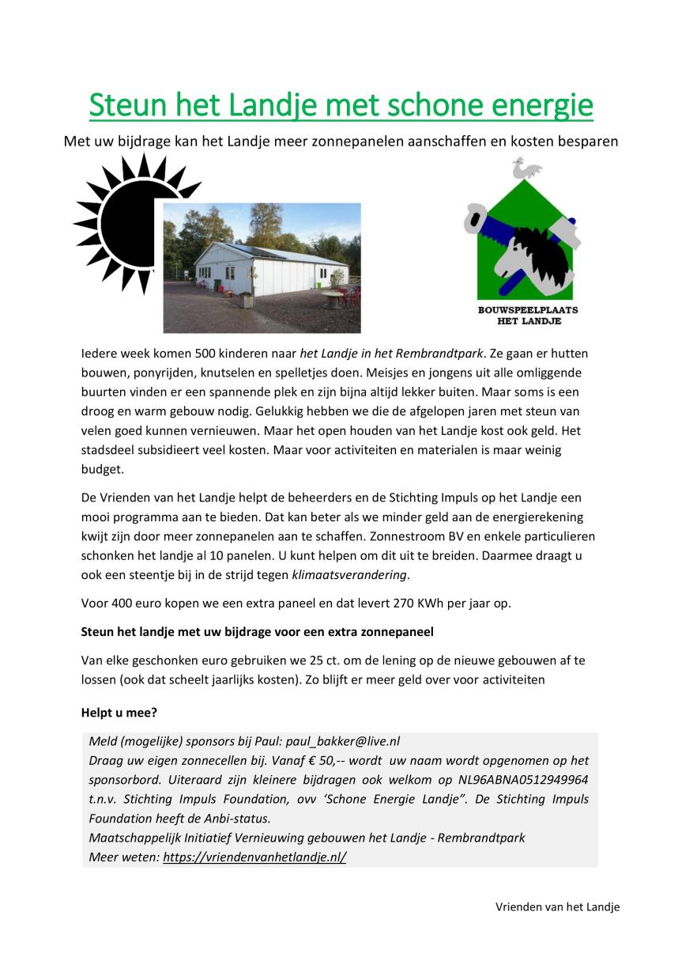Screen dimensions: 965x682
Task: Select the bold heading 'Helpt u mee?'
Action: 119,713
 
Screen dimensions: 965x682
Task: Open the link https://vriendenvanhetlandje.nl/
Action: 254,857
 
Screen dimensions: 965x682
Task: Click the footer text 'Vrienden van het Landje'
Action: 558,906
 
